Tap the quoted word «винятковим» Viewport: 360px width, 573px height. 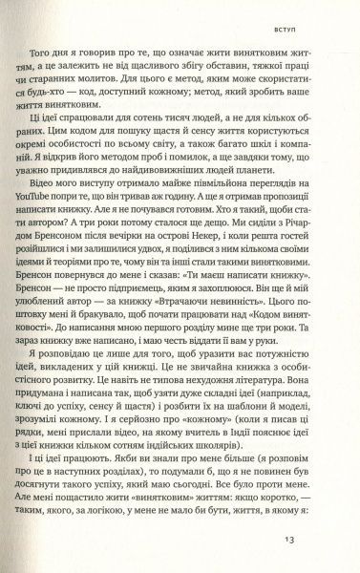tap(193, 513)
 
